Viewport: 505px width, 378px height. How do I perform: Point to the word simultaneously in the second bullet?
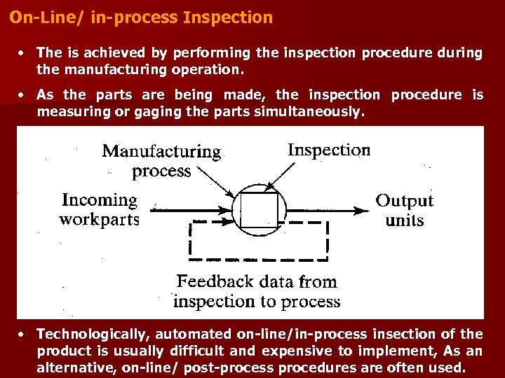[313, 112]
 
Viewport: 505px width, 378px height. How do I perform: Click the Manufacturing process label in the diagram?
[161, 161]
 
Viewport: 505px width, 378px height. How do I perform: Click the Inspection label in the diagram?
[329, 150]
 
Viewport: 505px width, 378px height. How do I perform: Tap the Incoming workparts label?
[100, 210]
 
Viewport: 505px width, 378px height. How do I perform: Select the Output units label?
[405, 210]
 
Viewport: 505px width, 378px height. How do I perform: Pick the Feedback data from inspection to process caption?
[256, 292]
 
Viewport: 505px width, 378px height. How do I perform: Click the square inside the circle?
[259, 209]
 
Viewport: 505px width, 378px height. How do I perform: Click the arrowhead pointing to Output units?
[363, 209]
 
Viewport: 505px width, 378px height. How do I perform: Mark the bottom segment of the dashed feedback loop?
[260, 256]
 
